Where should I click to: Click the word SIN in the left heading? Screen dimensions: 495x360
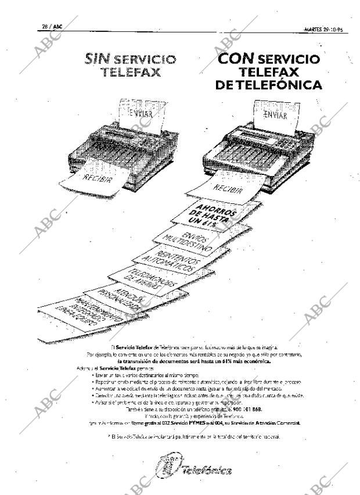[99, 59]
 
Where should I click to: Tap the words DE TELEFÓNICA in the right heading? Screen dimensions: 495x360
[268, 85]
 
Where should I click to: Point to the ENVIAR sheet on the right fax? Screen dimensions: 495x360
[278, 115]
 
